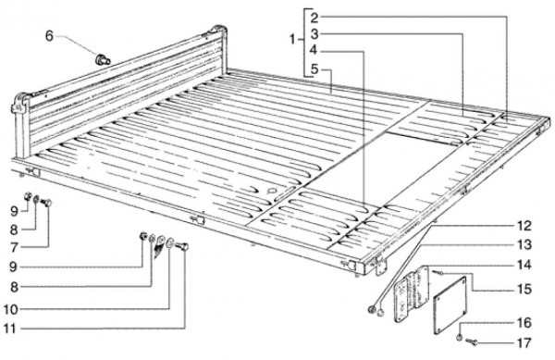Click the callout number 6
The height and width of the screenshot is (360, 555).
(49, 36)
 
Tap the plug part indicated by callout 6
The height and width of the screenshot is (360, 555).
(103, 59)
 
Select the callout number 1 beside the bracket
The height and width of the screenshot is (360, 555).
(292, 39)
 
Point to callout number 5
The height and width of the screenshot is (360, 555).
(314, 69)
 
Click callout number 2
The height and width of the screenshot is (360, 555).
(314, 17)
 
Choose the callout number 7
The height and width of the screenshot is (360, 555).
(14, 248)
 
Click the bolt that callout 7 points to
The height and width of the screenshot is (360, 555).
(46, 203)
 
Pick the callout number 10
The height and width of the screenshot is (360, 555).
(10, 310)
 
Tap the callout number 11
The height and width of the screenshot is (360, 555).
(10, 329)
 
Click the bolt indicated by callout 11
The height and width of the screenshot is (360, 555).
(182, 247)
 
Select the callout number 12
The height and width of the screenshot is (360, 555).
(524, 226)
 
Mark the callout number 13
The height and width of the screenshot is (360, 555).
(524, 244)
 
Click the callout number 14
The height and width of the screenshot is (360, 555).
(524, 265)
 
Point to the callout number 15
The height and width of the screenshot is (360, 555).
(524, 290)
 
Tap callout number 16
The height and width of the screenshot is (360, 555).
(524, 323)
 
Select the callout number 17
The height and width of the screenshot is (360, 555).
(524, 343)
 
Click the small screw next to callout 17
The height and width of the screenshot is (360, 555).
(472, 341)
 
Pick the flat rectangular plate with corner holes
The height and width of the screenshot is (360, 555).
(450, 305)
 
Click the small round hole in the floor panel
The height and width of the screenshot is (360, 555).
(273, 192)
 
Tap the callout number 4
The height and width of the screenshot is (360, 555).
(314, 51)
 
